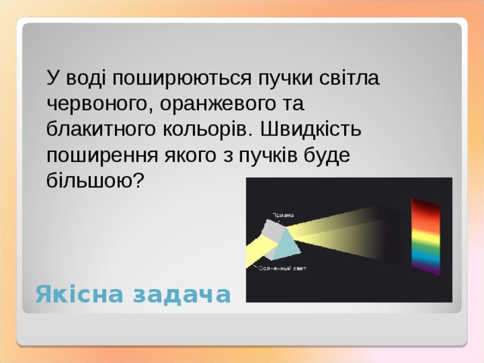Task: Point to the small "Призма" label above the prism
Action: click(x=284, y=215)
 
